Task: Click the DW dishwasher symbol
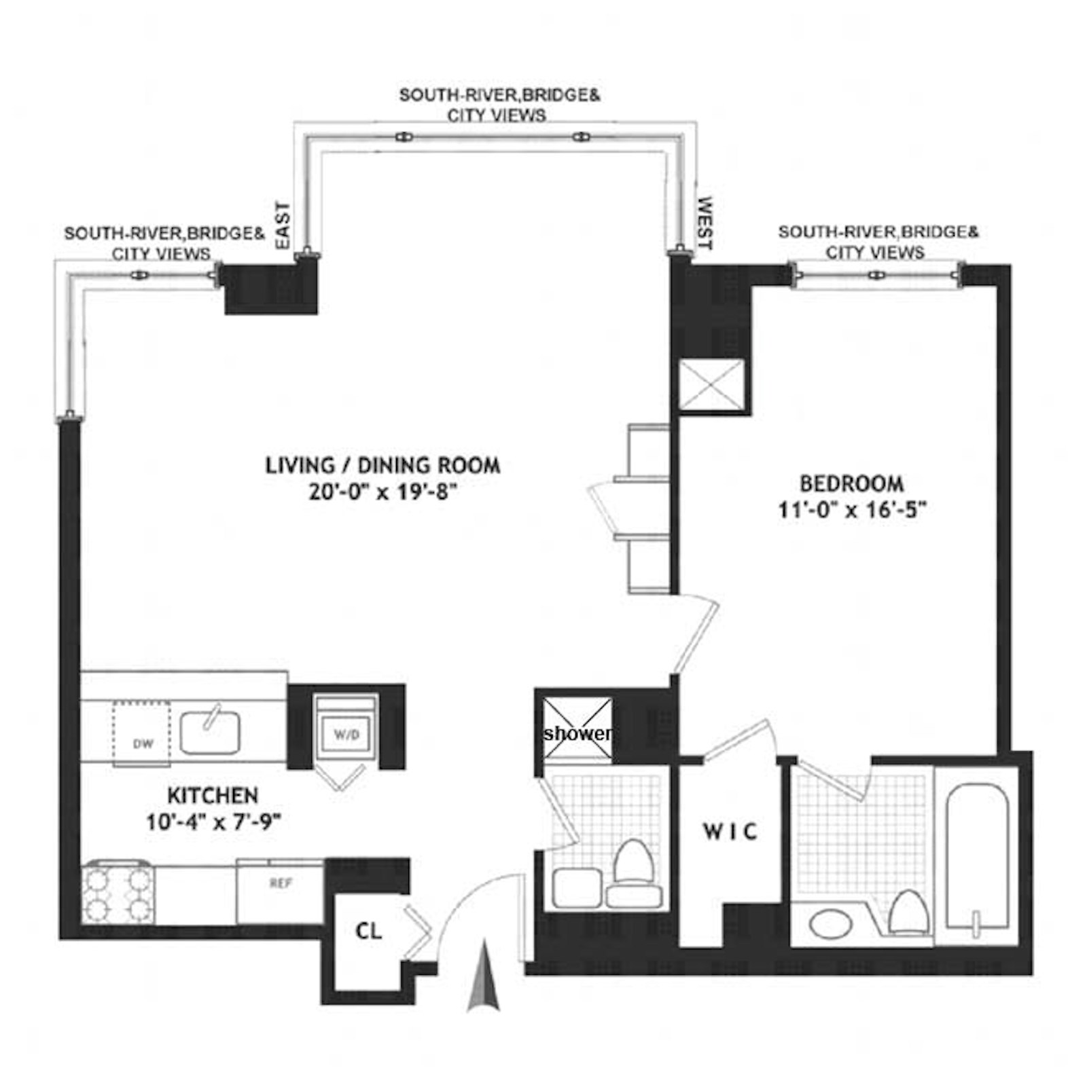tap(141, 733)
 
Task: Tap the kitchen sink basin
tap(209, 733)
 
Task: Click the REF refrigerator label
tap(281, 883)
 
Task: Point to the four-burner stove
tap(117, 893)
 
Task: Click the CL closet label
tap(369, 931)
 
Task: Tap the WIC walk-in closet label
tap(730, 831)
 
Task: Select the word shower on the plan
tap(577, 733)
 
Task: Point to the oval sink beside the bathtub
tap(830, 924)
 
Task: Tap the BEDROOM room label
tap(851, 483)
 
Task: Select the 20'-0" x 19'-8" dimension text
tap(382, 492)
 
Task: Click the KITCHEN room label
tap(213, 795)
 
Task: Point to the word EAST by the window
tap(282, 225)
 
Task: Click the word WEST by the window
tap(705, 223)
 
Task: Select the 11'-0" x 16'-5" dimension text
tap(852, 509)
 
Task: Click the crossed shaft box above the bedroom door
tap(712, 386)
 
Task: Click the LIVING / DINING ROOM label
tap(382, 466)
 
